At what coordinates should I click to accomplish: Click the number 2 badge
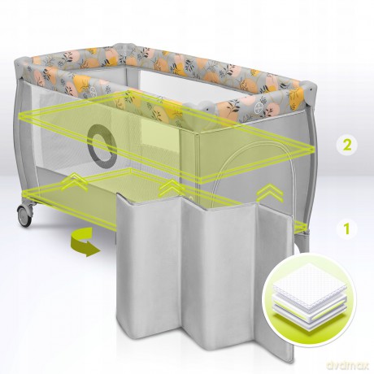tap(346, 145)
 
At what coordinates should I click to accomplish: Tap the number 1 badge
tap(346, 229)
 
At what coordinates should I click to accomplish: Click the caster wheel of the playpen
tap(25, 215)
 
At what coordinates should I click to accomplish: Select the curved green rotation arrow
tap(83, 241)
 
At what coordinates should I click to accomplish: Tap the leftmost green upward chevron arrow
tap(74, 182)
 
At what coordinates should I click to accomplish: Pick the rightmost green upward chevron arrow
tap(270, 193)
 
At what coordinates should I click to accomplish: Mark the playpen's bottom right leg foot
tap(303, 246)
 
